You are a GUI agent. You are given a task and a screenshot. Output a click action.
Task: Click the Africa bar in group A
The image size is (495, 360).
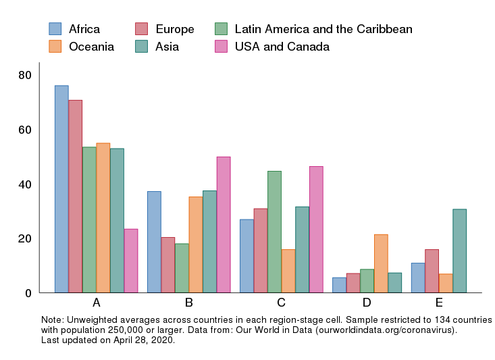click(x=61, y=189)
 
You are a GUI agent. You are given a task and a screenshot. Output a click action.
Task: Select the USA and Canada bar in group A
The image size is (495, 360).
click(x=130, y=261)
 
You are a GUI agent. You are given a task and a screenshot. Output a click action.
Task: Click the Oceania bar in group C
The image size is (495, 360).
click(x=288, y=271)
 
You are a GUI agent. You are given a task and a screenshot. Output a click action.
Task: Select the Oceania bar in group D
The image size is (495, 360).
click(x=380, y=263)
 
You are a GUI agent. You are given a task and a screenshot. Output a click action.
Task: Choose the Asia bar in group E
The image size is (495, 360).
click(x=459, y=251)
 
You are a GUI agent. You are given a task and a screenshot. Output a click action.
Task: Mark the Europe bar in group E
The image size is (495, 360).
click(x=432, y=271)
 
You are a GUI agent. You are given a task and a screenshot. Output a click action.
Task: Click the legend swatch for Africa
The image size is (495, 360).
click(x=55, y=29)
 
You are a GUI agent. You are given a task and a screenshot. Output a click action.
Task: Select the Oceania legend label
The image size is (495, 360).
click(x=91, y=47)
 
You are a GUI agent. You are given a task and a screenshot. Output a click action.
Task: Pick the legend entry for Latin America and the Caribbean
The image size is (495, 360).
click(x=323, y=29)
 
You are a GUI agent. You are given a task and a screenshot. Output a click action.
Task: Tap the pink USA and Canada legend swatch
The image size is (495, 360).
click(x=222, y=47)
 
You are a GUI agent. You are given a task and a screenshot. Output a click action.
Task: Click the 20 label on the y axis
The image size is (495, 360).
click(x=25, y=238)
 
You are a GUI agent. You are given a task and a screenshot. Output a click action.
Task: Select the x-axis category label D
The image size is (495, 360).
click(x=367, y=303)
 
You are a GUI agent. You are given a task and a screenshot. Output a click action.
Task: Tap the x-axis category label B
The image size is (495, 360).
click(x=189, y=303)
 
